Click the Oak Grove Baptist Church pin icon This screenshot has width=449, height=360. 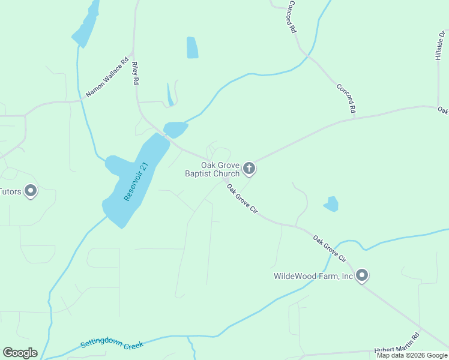coord(250,169)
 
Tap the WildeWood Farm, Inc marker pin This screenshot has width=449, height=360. coord(361,275)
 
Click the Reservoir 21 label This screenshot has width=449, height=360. coord(135,181)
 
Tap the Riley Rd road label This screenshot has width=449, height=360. coord(136,73)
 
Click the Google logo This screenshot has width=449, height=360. coord(20,353)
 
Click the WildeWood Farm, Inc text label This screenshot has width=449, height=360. coord(313,276)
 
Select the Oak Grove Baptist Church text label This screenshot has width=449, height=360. coord(212,169)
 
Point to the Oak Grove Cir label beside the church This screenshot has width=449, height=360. coord(242,199)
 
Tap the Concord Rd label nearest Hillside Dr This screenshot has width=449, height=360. coord(346,98)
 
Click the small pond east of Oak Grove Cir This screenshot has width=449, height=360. coord(331,204)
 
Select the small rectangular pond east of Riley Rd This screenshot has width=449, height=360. coord(192,47)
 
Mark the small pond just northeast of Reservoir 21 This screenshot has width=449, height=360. coord(175,129)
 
